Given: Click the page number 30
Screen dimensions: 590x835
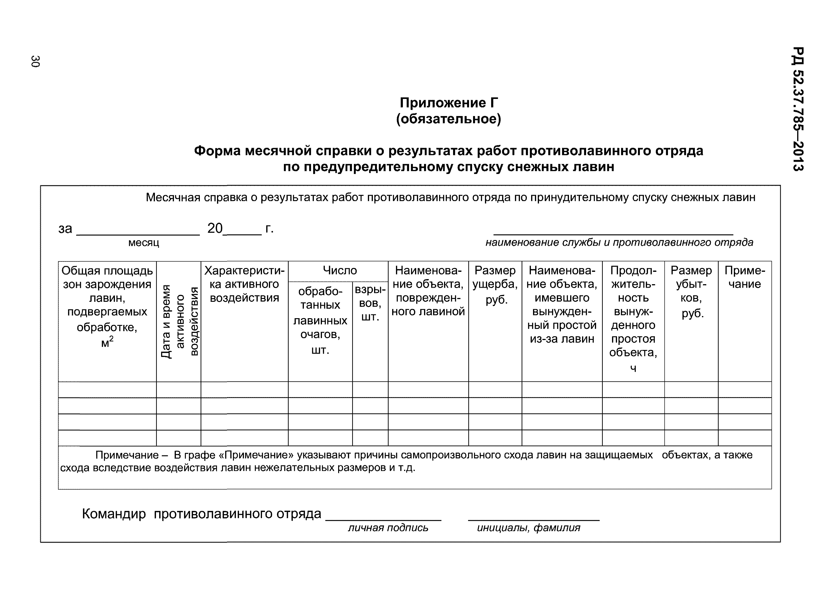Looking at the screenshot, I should tap(35, 61).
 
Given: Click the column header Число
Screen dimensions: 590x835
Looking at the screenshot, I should tap(340, 270).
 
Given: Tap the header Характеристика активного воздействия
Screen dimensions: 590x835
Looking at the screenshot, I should tap(244, 284).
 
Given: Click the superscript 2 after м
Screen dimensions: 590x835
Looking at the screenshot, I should tap(111, 338).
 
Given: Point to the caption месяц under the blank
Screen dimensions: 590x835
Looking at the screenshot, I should tap(144, 243).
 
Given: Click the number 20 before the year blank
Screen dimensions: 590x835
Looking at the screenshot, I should tap(215, 228).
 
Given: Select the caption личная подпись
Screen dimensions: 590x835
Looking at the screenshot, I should tap(388, 527).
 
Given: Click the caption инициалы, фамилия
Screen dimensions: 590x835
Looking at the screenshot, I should tap(529, 527).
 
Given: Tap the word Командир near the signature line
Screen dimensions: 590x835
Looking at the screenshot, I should tap(114, 514).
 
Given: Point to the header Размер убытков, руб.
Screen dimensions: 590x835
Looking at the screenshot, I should tap(691, 291).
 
